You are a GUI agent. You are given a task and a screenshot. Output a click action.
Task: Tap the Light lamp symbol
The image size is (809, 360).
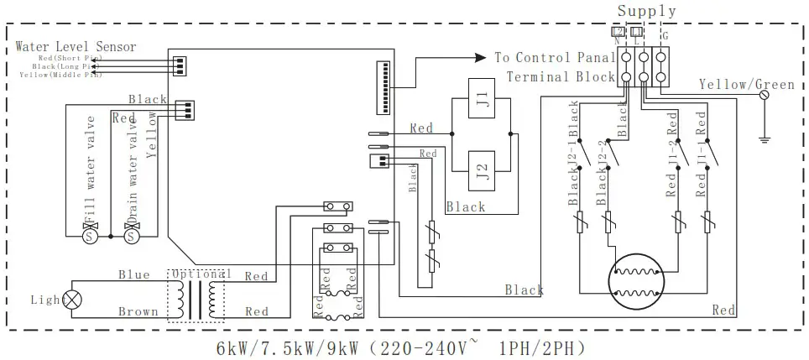tap(72, 299)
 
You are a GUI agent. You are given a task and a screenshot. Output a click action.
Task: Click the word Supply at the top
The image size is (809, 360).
tap(646, 11)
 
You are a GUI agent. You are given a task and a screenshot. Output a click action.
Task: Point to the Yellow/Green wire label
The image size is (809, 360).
tap(746, 85)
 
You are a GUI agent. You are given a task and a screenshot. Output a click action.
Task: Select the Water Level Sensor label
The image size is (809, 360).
tap(76, 46)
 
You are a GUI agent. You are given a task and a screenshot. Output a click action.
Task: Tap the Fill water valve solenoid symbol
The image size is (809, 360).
tap(89, 237)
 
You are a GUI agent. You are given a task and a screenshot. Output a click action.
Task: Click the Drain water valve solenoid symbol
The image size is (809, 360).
tap(130, 237)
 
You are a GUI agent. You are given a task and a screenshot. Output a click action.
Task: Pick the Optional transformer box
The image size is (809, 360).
tap(200, 295)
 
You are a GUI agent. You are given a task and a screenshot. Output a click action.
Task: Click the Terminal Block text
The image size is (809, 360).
tap(560, 77)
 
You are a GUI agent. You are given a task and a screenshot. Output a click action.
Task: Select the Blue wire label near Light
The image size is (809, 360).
tap(133, 274)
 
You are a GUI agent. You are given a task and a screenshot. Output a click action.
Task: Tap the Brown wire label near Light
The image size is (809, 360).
tap(138, 311)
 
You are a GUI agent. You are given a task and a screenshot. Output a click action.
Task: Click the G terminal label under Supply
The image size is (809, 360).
tap(665, 36)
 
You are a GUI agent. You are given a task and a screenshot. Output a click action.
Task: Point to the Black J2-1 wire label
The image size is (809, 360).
tap(574, 134)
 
